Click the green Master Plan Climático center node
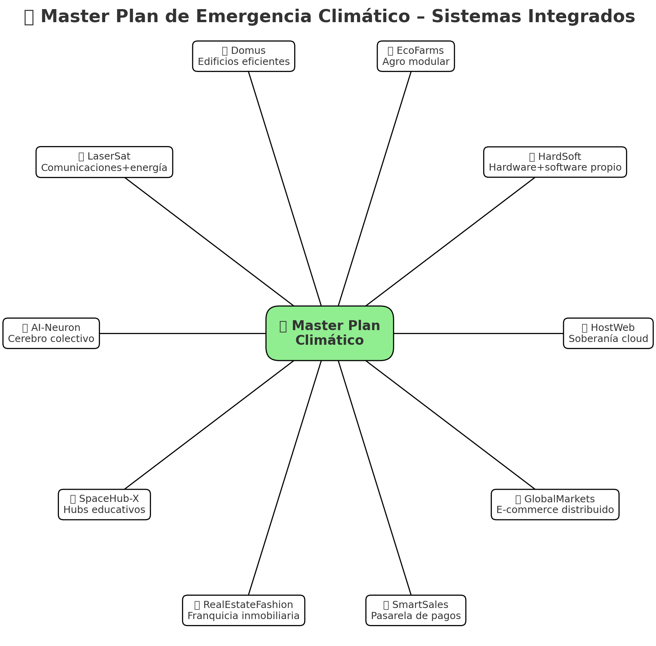pyautogui.click(x=329, y=333)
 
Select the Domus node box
pyautogui.click(x=244, y=56)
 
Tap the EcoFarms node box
pyautogui.click(x=416, y=56)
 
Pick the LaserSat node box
pyautogui.click(x=104, y=162)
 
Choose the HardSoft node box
pyautogui.click(x=555, y=162)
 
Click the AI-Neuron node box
pyautogui.click(x=51, y=333)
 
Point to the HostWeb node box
pyautogui.click(x=608, y=333)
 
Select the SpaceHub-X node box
pyautogui.click(x=104, y=504)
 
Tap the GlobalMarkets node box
pyautogui.click(x=555, y=504)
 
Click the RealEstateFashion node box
pyautogui.click(x=244, y=610)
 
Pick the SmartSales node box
pyautogui.click(x=416, y=610)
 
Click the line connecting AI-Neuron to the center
pyautogui.click(x=182, y=333)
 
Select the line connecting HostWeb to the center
pyautogui.click(x=478, y=333)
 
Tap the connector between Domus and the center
pyautogui.click(x=285, y=188)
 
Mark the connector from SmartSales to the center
pyautogui.click(x=374, y=477)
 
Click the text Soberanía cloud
pyautogui.click(x=608, y=339)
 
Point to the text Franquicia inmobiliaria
pyautogui.click(x=244, y=616)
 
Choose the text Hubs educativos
pyautogui.click(x=104, y=510)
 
